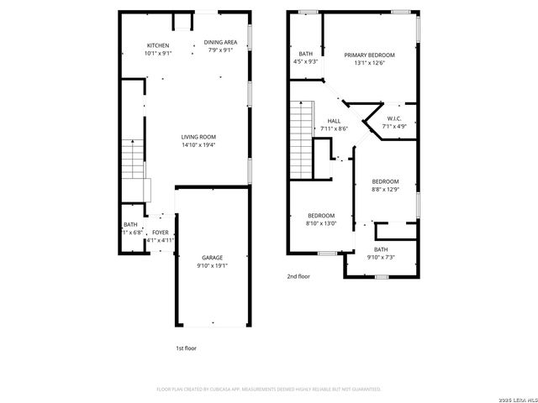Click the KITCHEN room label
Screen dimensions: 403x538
click(x=158, y=45)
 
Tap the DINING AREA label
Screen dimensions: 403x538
click(x=221, y=42)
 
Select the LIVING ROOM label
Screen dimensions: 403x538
click(x=199, y=137)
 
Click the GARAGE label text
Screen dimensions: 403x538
click(x=212, y=258)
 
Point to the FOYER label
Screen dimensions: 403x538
click(x=160, y=233)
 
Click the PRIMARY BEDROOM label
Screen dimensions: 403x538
click(x=369, y=55)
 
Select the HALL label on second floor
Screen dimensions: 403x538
click(x=334, y=121)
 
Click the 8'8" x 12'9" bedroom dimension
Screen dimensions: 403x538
click(x=386, y=190)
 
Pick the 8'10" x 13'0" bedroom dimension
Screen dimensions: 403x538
click(x=320, y=223)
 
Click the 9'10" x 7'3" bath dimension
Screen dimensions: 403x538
click(x=381, y=257)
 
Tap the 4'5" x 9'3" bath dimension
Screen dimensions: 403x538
click(x=305, y=61)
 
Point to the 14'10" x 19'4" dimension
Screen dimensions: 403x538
click(x=199, y=145)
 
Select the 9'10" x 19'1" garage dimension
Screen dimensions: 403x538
click(x=212, y=266)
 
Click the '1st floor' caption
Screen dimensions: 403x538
click(x=186, y=348)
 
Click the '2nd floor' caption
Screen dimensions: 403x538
click(x=298, y=275)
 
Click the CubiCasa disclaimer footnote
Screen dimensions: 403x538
click(x=269, y=390)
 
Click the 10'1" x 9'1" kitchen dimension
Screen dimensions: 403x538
click(x=158, y=54)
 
